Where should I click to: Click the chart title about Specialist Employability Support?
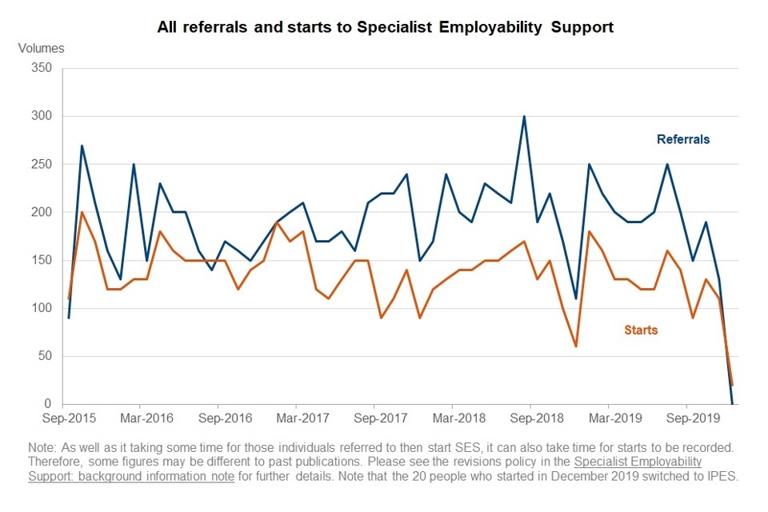pos(386,27)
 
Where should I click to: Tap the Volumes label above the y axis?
pos(41,48)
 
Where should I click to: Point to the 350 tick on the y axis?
pos(41,69)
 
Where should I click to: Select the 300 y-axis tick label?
pos(41,117)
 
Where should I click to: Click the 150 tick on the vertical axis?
pos(41,261)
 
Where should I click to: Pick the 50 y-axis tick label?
pos(44,357)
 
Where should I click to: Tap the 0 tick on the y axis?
pos(47,405)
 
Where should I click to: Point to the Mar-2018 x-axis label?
pos(453,418)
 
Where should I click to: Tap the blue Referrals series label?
pos(683,140)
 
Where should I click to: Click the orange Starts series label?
pos(641,330)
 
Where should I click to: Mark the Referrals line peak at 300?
pos(524,117)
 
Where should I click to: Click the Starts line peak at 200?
pos(82,213)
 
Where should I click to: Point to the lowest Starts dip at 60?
pos(576,346)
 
